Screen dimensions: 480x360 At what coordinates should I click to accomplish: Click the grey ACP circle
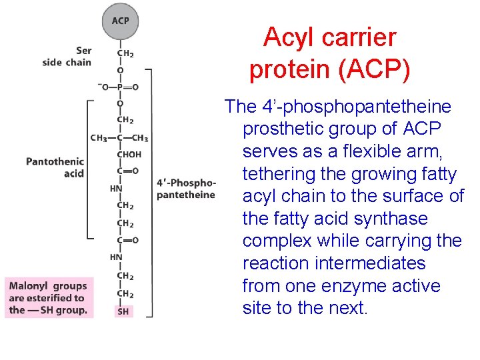(121, 21)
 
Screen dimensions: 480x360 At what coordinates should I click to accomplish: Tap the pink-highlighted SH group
(123, 311)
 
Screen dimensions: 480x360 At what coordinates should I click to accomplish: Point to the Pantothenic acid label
(55, 167)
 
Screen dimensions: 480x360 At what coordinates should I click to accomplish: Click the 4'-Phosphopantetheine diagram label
(186, 189)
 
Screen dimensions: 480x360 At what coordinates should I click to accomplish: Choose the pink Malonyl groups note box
(48, 297)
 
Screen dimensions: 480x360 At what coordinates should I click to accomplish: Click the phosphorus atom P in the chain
(121, 87)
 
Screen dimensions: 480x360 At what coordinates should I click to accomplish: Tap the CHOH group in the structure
(129, 154)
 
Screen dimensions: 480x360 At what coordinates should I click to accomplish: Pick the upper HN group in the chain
(116, 188)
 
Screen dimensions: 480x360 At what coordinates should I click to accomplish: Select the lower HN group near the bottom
(116, 257)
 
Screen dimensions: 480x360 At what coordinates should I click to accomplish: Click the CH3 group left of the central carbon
(99, 138)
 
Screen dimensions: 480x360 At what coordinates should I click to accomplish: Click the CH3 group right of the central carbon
(140, 138)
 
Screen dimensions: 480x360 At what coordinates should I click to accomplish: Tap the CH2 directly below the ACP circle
(125, 53)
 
